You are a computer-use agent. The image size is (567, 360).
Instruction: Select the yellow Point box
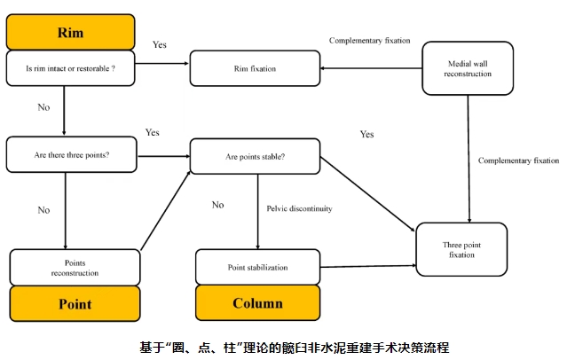point(75,303)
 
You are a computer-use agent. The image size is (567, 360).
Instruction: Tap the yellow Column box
point(257,303)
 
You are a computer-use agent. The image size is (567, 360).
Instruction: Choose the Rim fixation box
point(254,68)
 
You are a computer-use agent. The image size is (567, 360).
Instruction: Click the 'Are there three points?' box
point(72,154)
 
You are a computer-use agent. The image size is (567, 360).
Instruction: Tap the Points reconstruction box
point(75,267)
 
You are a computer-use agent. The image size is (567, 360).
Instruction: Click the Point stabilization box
point(257,266)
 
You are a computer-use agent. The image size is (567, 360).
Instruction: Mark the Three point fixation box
point(461,249)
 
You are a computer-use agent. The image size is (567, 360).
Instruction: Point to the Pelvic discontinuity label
point(299,208)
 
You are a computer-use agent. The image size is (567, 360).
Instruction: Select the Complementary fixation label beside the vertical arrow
point(518,160)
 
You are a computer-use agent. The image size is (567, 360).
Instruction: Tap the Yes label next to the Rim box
point(160,44)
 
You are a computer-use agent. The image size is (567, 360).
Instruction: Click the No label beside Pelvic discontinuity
point(217,205)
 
